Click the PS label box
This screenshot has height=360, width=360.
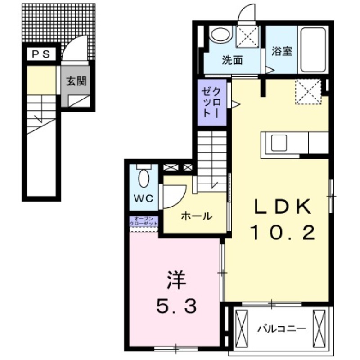(x=40, y=54)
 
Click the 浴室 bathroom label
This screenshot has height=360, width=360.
(x=282, y=51)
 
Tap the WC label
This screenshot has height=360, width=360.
(x=144, y=198)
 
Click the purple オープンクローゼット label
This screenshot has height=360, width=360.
(x=144, y=221)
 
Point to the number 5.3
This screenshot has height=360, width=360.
(x=176, y=307)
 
